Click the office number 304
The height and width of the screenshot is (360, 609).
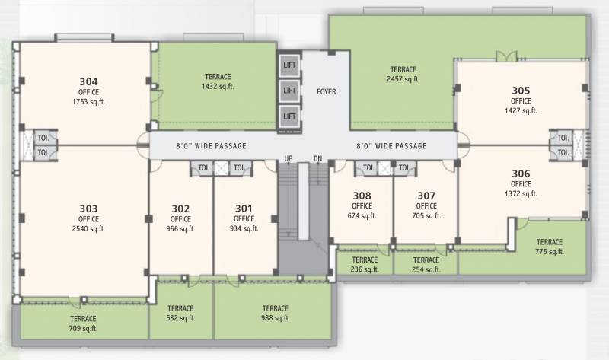tap(88, 81)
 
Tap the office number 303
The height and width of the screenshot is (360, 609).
tap(88, 208)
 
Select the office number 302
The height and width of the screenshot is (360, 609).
tap(180, 209)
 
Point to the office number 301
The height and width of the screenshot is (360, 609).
tap(244, 209)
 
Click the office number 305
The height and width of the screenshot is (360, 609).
tap(521, 90)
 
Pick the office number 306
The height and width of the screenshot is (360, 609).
tap(521, 173)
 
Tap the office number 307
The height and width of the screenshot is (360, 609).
tap(426, 195)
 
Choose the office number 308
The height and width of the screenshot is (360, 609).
tap(362, 195)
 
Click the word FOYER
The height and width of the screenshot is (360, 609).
tap(327, 92)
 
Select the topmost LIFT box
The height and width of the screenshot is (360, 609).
tap(289, 65)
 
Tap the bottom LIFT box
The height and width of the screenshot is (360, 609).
tap(289, 116)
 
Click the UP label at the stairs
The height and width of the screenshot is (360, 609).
tap(289, 158)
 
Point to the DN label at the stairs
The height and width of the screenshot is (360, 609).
tap(317, 158)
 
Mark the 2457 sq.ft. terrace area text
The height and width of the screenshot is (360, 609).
tap(403, 79)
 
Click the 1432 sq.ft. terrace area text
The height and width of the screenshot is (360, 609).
tap(218, 87)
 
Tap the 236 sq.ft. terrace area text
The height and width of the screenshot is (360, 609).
tap(365, 269)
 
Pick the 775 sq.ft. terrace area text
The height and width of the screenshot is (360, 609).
tap(548, 252)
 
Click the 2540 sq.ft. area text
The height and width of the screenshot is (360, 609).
tap(88, 228)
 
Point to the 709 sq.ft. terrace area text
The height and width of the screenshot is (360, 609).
tap(83, 329)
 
